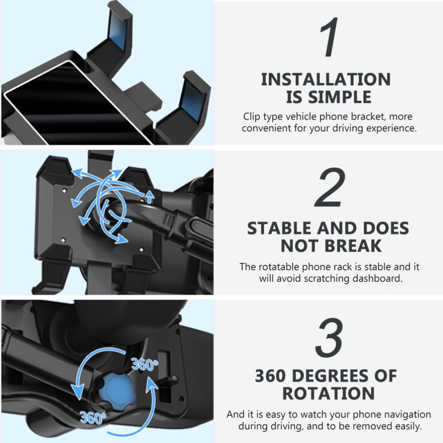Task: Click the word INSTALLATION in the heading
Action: click(x=326, y=79)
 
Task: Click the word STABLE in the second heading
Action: click(x=279, y=228)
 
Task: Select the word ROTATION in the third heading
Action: click(x=328, y=394)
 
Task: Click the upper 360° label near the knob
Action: click(x=144, y=364)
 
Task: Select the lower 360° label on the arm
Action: click(x=92, y=417)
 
